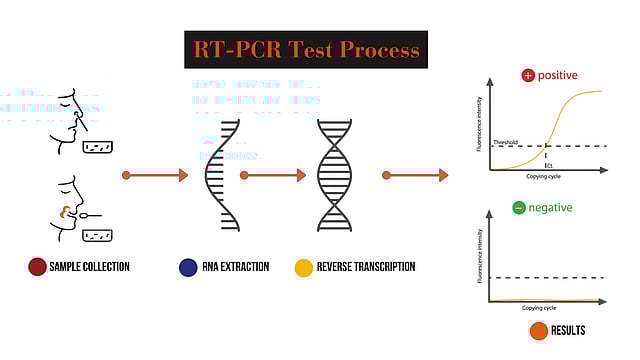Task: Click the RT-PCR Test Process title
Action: [x=306, y=50]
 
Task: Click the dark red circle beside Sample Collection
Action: [x=38, y=267]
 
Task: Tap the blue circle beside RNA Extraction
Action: [x=188, y=267]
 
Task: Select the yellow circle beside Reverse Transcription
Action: [x=304, y=267]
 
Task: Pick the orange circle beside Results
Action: [x=538, y=331]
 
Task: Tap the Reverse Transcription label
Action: [x=366, y=267]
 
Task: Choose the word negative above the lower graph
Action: [x=550, y=208]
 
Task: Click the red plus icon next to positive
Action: [x=528, y=76]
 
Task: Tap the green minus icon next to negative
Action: [x=518, y=208]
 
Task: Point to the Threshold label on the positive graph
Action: [x=506, y=143]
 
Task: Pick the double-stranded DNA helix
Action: [x=334, y=175]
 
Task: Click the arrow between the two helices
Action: [x=274, y=175]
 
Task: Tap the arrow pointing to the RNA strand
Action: [x=155, y=175]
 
